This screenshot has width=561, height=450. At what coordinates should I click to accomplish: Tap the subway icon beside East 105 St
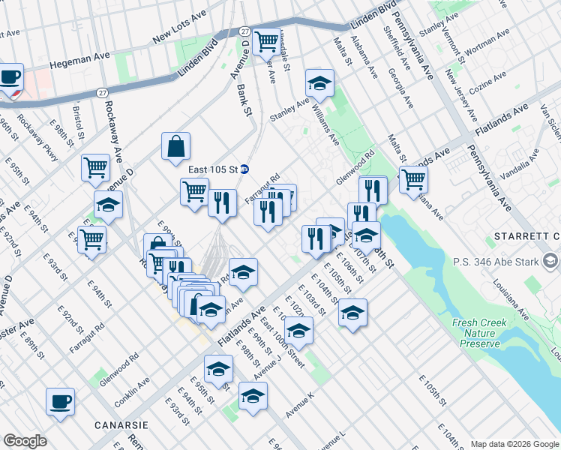pyautogui.click(x=244, y=169)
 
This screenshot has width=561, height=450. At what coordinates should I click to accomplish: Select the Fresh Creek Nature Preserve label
pyautogui.click(x=480, y=333)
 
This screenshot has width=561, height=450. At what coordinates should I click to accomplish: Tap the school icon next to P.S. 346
pyautogui.click(x=551, y=261)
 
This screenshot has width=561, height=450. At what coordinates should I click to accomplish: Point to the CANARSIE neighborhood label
pyautogui.click(x=120, y=424)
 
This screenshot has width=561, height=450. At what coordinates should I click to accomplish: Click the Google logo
pyautogui.click(x=25, y=440)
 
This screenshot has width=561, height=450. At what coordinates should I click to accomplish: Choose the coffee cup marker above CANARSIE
pyautogui.click(x=60, y=401)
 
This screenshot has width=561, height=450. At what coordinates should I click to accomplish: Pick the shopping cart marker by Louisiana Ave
pyautogui.click(x=413, y=179)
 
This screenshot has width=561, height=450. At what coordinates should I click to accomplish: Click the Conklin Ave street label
pyautogui.click(x=133, y=388)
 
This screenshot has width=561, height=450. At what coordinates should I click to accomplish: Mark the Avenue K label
pyautogui.click(x=299, y=405)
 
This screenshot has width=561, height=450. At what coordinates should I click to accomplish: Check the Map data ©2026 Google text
pyautogui.click(x=514, y=443)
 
